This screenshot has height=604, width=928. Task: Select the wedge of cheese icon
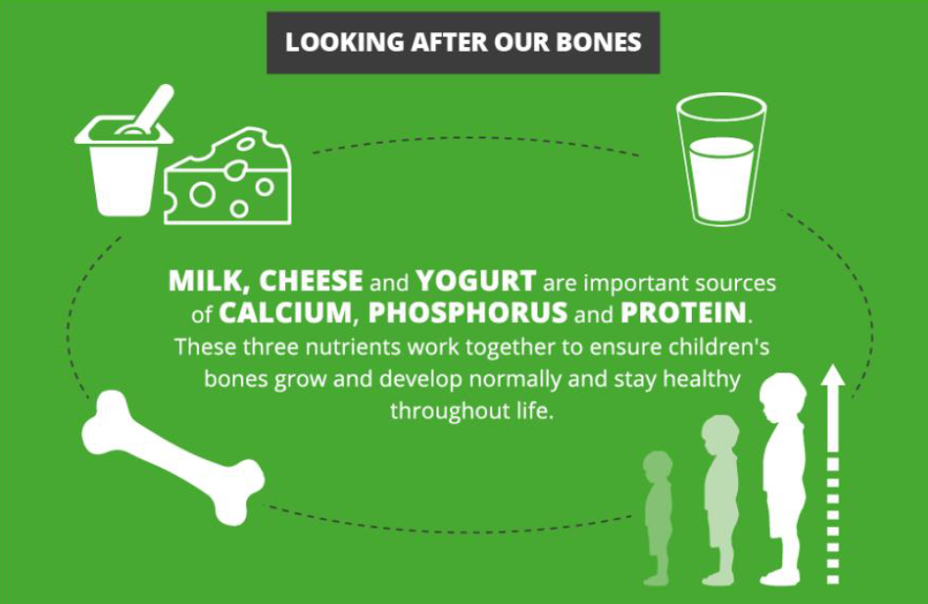[228, 176]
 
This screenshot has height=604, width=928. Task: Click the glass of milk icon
[721, 160]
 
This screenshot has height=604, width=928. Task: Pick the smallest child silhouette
[658, 518]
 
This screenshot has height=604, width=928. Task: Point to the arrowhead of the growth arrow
[833, 375]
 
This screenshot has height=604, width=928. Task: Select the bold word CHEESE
[311, 281]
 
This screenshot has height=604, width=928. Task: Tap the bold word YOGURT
[476, 281]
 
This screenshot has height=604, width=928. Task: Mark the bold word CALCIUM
[285, 313]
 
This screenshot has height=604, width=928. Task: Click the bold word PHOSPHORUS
[468, 313]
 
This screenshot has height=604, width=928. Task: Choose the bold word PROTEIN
[684, 313]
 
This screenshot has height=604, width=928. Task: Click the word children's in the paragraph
[720, 346]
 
